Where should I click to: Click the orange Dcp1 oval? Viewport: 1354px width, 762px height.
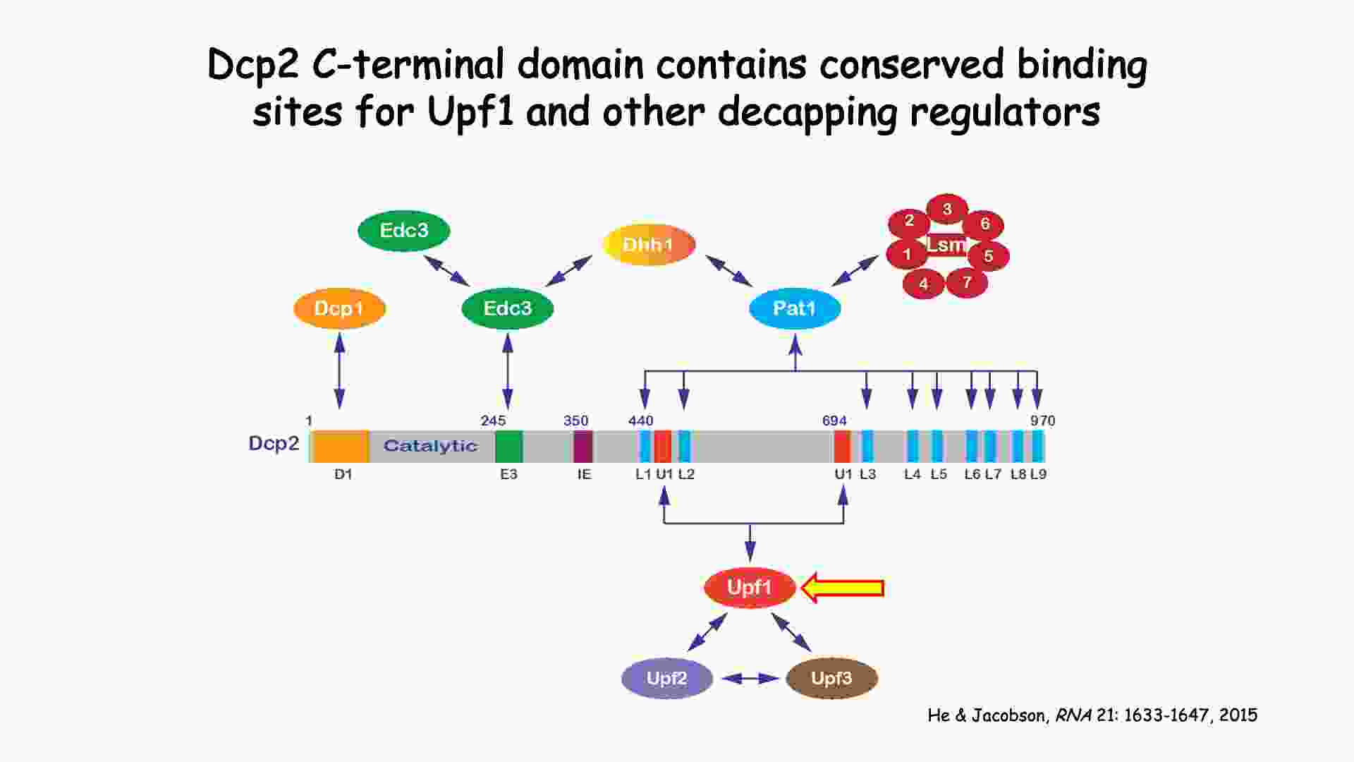click(x=339, y=308)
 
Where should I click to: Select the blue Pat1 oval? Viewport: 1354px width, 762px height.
click(x=795, y=308)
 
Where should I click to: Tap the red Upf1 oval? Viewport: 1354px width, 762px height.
click(x=750, y=587)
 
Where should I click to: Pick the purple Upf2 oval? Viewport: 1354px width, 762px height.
click(x=666, y=678)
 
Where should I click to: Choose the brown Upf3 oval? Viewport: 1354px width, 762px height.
click(x=831, y=678)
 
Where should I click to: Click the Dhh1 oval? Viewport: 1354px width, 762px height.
click(x=649, y=245)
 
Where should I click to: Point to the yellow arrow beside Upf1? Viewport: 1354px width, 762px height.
click(x=843, y=588)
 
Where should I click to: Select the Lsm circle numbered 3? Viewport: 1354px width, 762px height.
click(x=947, y=209)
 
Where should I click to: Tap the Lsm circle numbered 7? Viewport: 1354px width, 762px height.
click(x=967, y=283)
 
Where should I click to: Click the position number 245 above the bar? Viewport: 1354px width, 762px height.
click(x=493, y=421)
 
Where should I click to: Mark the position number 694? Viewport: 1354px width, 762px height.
click(x=834, y=421)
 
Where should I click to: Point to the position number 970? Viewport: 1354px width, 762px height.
click(x=1042, y=421)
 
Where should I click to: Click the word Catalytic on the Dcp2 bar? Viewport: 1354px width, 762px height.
click(x=430, y=446)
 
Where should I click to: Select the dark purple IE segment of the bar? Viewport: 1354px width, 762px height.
click(x=583, y=446)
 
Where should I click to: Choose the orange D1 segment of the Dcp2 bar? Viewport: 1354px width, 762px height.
click(x=341, y=446)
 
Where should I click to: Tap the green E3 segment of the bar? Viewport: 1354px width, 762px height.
click(x=508, y=446)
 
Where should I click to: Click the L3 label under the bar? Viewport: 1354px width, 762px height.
click(x=867, y=474)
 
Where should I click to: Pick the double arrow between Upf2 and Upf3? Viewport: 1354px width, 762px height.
click(x=750, y=678)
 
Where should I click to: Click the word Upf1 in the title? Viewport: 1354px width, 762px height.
click(x=470, y=111)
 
